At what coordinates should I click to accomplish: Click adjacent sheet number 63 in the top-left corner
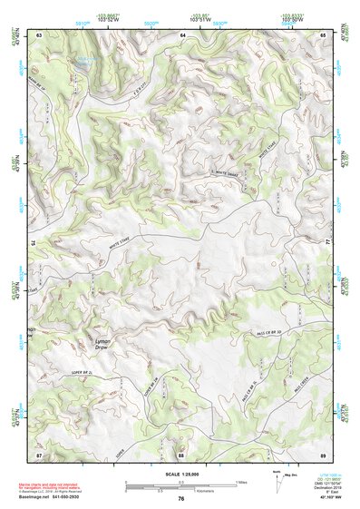click(40, 34)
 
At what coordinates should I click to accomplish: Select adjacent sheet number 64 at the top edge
click(182, 34)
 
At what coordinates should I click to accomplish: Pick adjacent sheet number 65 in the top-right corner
click(324, 34)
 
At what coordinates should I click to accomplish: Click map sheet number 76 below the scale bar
click(181, 499)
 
